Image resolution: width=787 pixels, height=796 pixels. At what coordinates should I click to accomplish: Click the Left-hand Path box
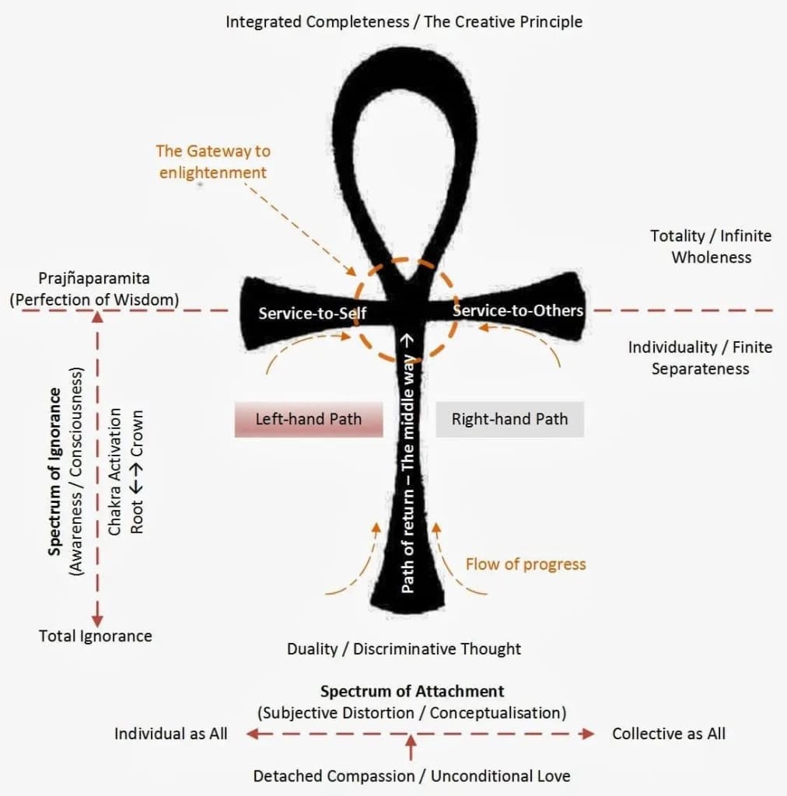[x=309, y=419]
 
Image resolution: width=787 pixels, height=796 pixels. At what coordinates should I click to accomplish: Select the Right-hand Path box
[x=509, y=419]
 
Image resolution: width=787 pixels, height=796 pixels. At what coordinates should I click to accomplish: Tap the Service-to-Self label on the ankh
[x=313, y=313]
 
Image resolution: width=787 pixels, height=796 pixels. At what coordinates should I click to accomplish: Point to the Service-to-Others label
[x=518, y=310]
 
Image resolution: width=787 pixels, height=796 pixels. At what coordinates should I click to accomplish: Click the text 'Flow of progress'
[x=526, y=564]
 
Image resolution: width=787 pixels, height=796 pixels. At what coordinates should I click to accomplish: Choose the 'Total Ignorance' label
[x=96, y=636]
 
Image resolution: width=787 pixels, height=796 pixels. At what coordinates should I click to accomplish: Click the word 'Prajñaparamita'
[x=93, y=278]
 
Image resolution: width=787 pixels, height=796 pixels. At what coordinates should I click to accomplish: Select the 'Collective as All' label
[x=669, y=734]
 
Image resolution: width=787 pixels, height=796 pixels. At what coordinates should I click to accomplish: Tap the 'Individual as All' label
[x=171, y=734]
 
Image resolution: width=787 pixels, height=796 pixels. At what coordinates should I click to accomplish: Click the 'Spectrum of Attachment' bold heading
[x=412, y=691]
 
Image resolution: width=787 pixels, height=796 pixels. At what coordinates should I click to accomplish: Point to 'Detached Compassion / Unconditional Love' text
[x=412, y=776]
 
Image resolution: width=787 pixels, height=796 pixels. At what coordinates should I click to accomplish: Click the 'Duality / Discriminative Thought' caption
[x=404, y=648]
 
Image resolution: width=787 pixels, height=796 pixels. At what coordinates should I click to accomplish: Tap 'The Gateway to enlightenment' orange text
[x=213, y=161]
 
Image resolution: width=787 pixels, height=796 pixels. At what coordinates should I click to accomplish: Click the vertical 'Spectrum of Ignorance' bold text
[x=55, y=470]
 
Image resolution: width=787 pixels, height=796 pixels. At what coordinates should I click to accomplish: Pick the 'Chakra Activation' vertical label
[x=114, y=470]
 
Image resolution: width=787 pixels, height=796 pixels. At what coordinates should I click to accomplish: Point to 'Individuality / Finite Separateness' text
[x=700, y=358]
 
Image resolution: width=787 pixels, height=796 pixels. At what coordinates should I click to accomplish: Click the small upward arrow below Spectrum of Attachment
[x=411, y=749]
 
